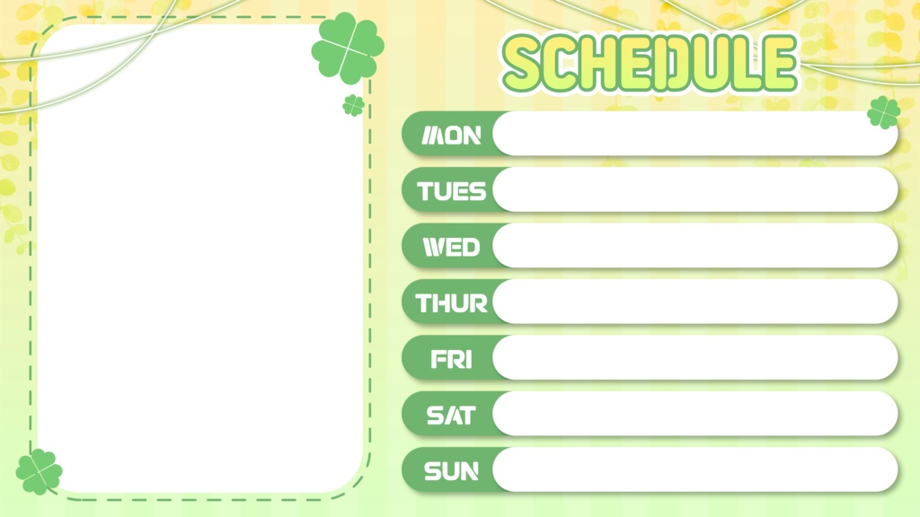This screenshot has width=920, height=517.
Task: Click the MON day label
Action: point(452,136)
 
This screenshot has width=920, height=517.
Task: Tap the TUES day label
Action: point(452,191)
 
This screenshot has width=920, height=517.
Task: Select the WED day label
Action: point(452,247)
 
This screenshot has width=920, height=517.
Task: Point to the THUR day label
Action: point(452,303)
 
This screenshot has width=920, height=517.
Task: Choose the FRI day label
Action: point(452,359)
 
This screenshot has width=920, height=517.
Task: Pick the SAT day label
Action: point(452,415)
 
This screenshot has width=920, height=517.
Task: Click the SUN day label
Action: point(452,470)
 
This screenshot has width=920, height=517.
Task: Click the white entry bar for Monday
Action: point(683,135)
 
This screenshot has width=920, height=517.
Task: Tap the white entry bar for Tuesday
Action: point(694,190)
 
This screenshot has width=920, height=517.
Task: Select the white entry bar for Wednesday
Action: point(694,246)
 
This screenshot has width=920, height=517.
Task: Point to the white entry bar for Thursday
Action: point(694,302)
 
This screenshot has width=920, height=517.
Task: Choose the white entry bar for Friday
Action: point(694,358)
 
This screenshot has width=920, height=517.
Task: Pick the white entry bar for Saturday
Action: point(694,414)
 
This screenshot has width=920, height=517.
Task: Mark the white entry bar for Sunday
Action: point(694,469)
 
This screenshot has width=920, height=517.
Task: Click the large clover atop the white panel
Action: point(347,48)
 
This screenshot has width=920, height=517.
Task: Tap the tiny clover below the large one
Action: point(353,105)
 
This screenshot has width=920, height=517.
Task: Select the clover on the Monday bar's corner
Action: point(884,112)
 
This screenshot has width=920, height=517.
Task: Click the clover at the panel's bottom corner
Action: point(39,471)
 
